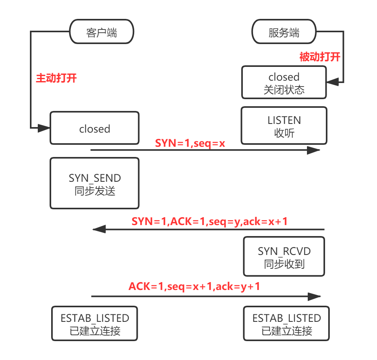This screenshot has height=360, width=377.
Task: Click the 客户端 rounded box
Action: (x=102, y=32)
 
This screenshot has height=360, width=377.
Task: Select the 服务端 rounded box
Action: (x=284, y=32)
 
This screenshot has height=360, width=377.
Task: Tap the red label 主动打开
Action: (x=56, y=78)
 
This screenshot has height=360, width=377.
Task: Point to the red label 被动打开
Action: (x=320, y=57)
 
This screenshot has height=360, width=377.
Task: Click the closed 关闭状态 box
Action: (x=284, y=82)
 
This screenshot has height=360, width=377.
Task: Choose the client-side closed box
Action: (x=94, y=128)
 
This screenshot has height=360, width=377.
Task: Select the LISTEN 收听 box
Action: (x=284, y=126)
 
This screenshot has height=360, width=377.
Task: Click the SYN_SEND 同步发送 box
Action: (x=94, y=183)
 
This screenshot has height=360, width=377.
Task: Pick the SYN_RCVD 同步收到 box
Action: (x=284, y=257)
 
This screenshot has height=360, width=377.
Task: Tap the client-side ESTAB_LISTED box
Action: (x=94, y=323)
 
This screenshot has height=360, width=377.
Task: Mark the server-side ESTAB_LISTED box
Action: (x=286, y=323)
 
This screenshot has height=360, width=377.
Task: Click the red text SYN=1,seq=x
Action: (x=190, y=143)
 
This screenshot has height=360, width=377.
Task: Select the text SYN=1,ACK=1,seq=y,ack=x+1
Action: (x=209, y=222)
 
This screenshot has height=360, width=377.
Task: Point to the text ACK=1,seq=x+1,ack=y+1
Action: (x=194, y=286)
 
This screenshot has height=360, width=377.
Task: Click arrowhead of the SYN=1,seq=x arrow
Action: (x=314, y=150)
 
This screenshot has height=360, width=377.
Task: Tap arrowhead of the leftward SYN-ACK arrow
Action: (x=98, y=229)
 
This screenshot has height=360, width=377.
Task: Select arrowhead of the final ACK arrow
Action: (x=315, y=297)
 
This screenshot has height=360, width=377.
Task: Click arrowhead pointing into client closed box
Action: (x=44, y=128)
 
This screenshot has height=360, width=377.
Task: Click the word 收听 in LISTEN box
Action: (x=284, y=133)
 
